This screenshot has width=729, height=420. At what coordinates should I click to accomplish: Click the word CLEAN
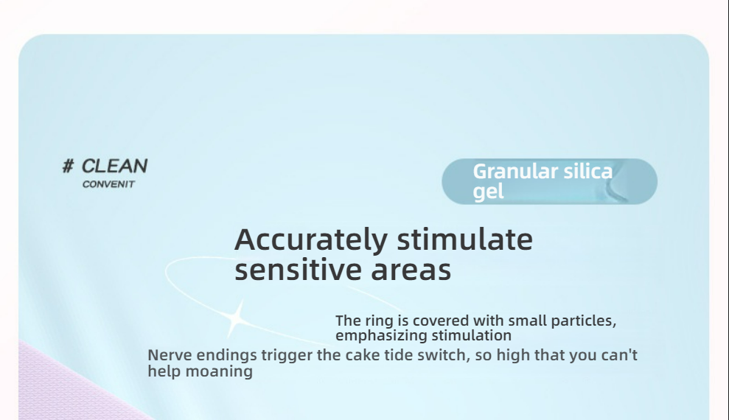point(114,166)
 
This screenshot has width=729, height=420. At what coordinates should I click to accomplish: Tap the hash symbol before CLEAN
point(69,166)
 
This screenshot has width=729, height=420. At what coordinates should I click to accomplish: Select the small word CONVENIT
point(108,184)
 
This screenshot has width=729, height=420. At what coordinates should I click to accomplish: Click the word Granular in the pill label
point(515,172)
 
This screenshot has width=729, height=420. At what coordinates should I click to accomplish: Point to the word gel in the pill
point(488,192)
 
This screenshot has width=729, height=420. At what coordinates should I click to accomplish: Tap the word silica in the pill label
point(588,171)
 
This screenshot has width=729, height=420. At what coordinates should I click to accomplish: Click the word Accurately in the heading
point(311,241)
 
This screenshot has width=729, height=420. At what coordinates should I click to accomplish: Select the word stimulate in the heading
point(465,239)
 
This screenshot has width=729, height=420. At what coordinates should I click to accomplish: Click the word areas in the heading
point(411,271)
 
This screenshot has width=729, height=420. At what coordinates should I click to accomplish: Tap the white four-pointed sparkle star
point(236,319)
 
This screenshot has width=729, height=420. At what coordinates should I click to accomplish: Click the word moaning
point(219,372)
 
